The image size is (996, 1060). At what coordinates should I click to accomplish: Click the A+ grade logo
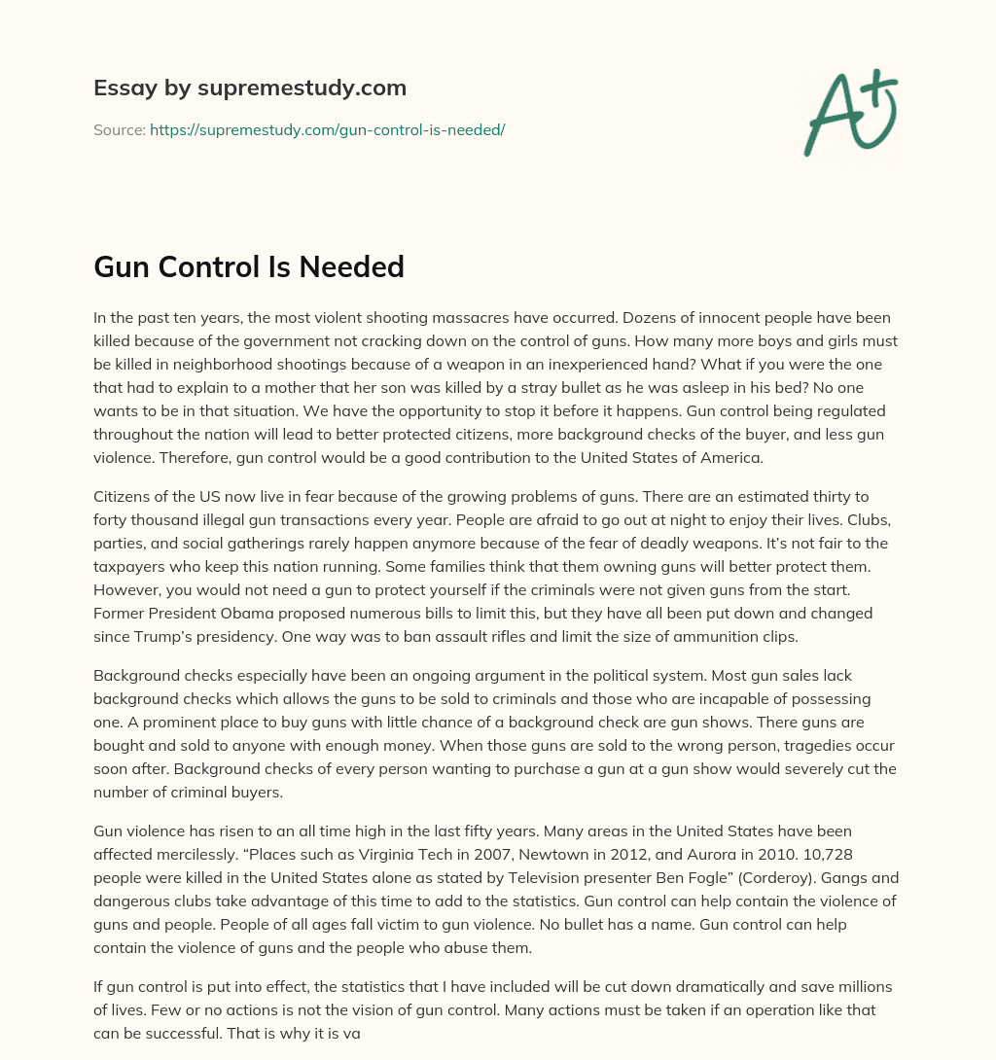click(x=850, y=111)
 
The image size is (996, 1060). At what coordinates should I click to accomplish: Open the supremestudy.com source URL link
click(x=327, y=129)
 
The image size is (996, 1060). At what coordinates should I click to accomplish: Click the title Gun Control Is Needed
click(x=249, y=267)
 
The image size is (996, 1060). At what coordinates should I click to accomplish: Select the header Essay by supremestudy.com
click(x=250, y=88)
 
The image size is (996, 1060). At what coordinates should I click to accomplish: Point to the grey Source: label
click(x=120, y=129)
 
